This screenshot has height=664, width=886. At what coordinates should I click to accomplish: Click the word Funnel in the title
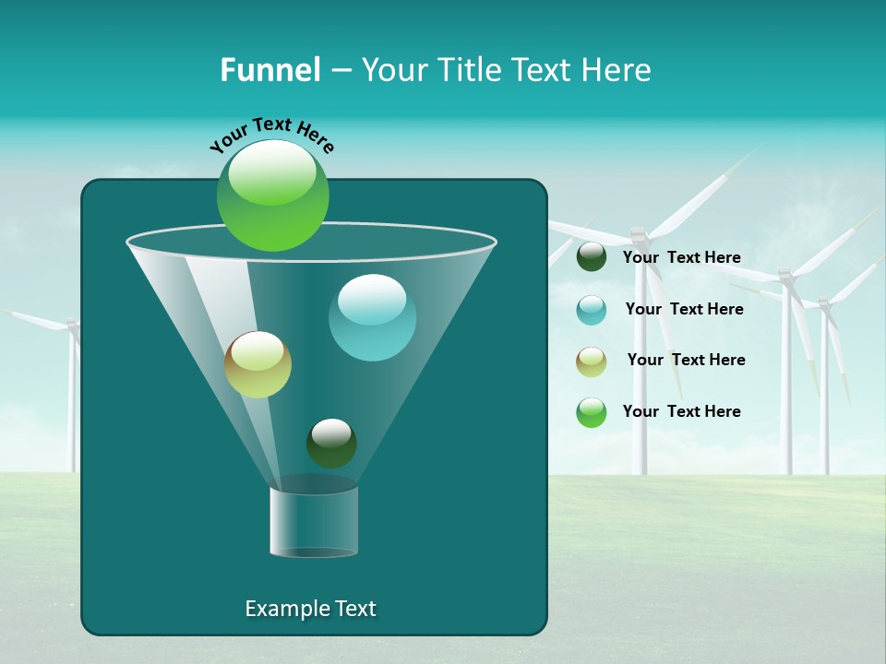(x=270, y=70)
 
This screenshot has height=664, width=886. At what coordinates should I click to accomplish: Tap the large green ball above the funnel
(x=273, y=195)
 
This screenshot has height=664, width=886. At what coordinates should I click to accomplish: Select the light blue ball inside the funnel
(x=372, y=317)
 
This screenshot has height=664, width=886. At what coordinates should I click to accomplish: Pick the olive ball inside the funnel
(x=257, y=364)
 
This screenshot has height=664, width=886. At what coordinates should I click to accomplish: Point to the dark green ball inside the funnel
(x=331, y=444)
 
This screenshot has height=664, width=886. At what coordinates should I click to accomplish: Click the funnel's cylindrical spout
(x=314, y=522)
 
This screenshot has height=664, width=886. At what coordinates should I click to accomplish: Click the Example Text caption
(x=310, y=609)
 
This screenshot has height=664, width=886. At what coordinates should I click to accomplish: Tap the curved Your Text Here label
(x=271, y=135)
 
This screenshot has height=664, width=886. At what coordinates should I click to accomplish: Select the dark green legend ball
(x=592, y=257)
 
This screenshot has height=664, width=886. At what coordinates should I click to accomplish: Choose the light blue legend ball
(x=592, y=310)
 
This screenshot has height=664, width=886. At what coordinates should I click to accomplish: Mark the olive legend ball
(x=592, y=362)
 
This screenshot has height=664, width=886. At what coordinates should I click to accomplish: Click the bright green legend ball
(x=592, y=412)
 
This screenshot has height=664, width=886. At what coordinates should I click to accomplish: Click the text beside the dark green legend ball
(x=681, y=258)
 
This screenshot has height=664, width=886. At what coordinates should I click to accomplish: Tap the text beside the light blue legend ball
(x=684, y=310)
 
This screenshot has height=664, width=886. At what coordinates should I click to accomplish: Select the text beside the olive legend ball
(x=686, y=361)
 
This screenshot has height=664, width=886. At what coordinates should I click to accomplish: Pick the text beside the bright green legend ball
(x=681, y=412)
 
